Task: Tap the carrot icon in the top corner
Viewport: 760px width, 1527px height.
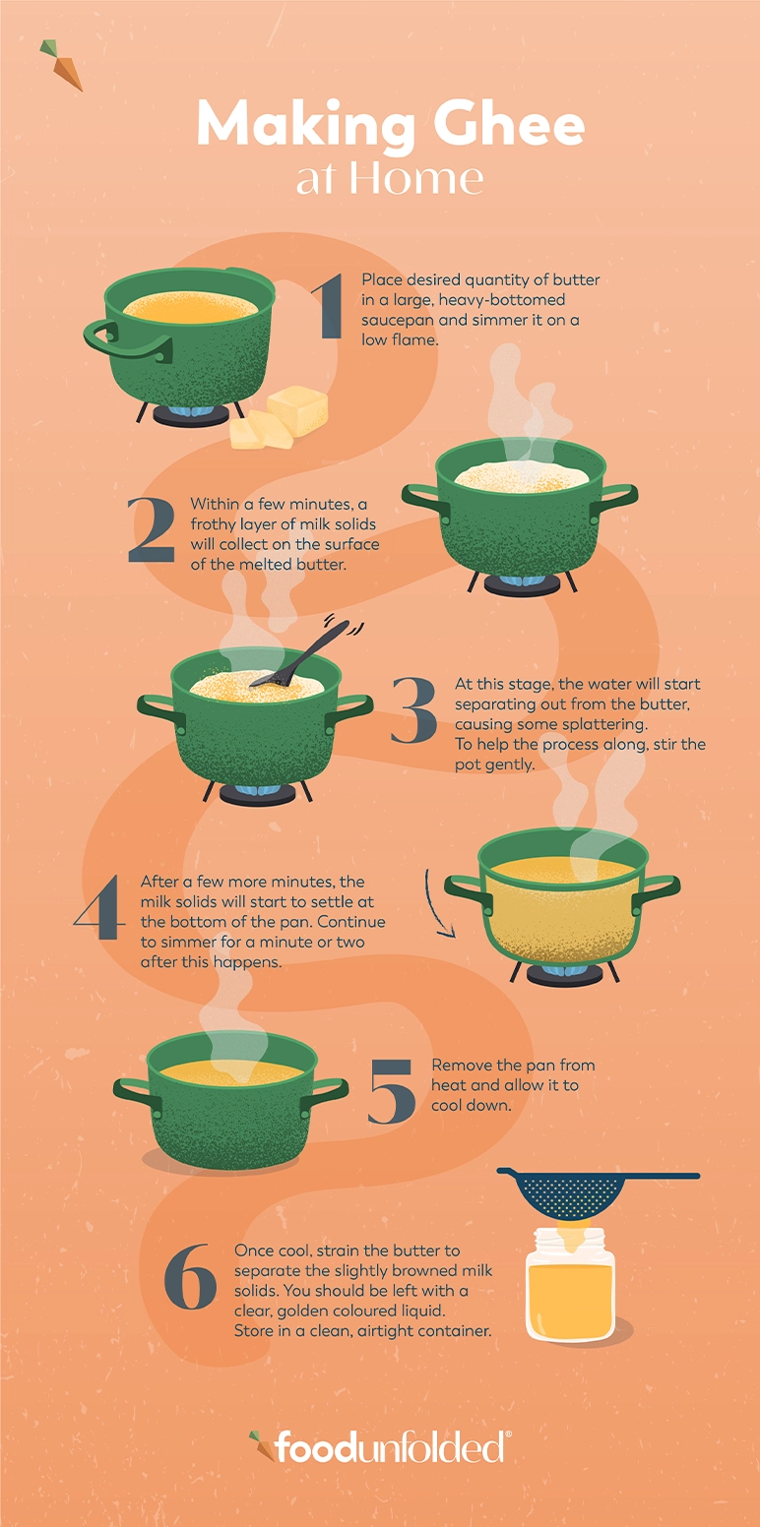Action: tap(62, 65)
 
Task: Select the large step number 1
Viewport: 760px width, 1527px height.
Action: tap(328, 308)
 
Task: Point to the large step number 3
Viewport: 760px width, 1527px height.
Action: tap(413, 710)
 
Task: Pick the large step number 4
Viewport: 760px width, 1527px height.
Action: tap(99, 906)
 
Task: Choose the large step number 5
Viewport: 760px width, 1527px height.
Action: tap(392, 1092)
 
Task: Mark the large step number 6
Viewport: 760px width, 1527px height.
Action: tap(189, 1277)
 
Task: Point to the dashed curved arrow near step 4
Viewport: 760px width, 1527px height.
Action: tap(438, 902)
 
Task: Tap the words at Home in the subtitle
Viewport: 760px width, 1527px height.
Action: tap(390, 179)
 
